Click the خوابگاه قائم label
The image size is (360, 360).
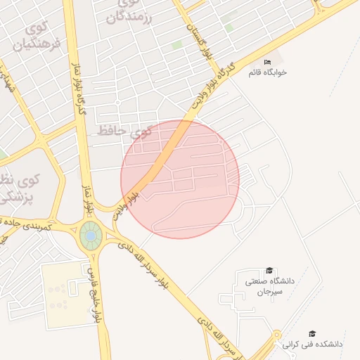pyautogui.click(x=267, y=72)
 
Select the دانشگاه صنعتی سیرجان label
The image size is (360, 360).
pyautogui.click(x=264, y=285)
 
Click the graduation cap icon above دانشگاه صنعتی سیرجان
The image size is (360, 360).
pyautogui.click(x=269, y=271)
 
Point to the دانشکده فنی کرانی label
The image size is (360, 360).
pyautogui.click(x=312, y=345)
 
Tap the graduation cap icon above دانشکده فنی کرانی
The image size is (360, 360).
pyautogui.click(x=312, y=333)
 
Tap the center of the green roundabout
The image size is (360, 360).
pyautogui.click(x=91, y=236)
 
